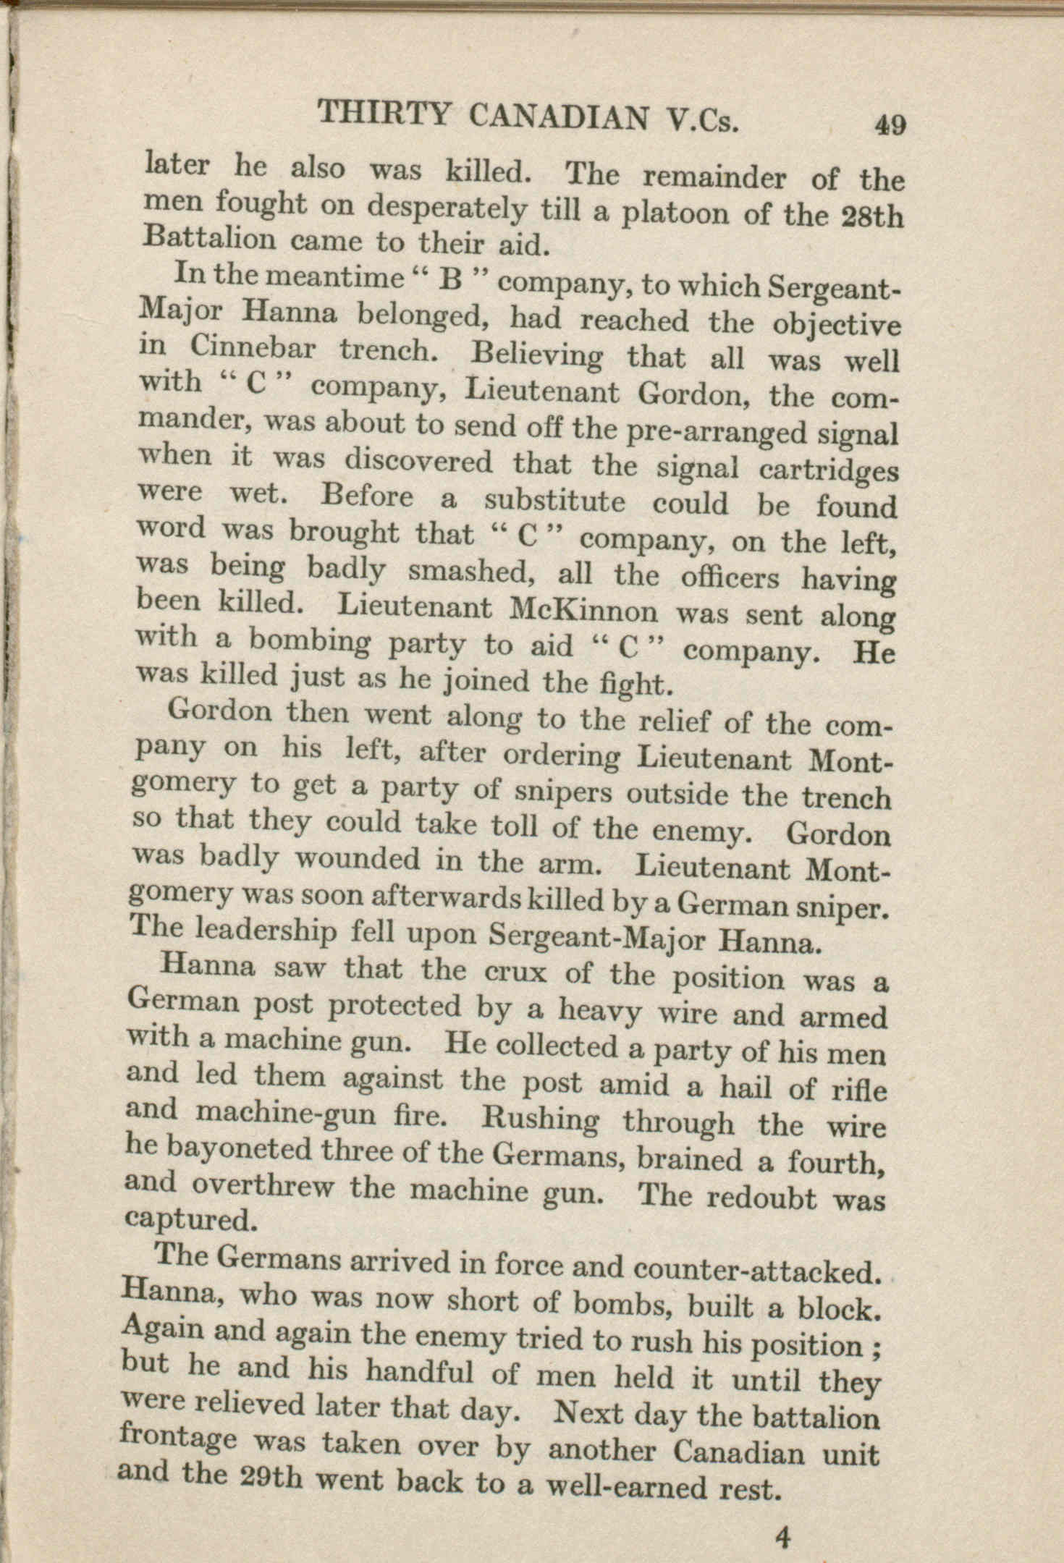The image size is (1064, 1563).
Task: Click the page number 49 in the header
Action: click(x=890, y=125)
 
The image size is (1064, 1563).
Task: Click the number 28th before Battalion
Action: click(x=874, y=219)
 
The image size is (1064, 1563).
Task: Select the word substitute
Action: click(x=554, y=501)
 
